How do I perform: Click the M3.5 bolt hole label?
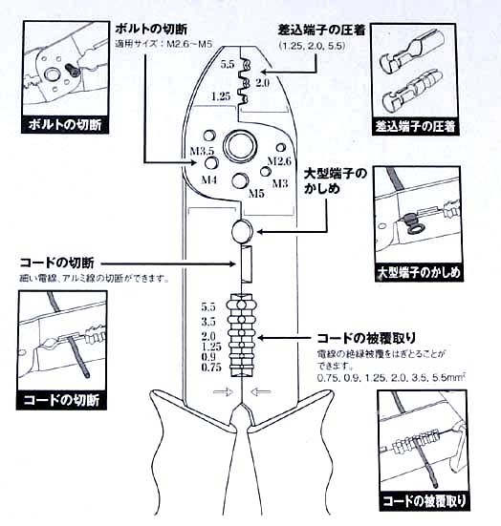tap(202, 151)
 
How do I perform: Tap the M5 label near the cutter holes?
tap(256, 193)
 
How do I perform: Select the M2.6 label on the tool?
tap(279, 161)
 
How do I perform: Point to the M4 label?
tap(209, 179)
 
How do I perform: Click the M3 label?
tap(280, 183)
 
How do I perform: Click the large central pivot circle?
tap(240, 146)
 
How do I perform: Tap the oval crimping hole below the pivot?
tap(242, 231)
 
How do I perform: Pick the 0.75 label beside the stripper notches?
tap(211, 368)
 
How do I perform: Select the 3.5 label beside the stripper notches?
tap(208, 322)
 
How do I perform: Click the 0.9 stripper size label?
tap(208, 357)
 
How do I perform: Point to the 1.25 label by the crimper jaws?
tap(221, 96)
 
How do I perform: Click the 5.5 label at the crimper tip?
tap(228, 64)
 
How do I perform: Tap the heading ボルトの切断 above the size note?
tap(151, 29)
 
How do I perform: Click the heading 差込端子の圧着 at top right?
tap(321, 31)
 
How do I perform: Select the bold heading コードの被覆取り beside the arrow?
tap(366, 338)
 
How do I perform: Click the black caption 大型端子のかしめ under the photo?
tap(419, 272)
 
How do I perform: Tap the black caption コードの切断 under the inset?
tap(61, 400)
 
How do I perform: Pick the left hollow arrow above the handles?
tap(224, 391)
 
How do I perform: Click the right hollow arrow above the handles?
tap(261, 391)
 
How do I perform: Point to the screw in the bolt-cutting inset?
tap(73, 70)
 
